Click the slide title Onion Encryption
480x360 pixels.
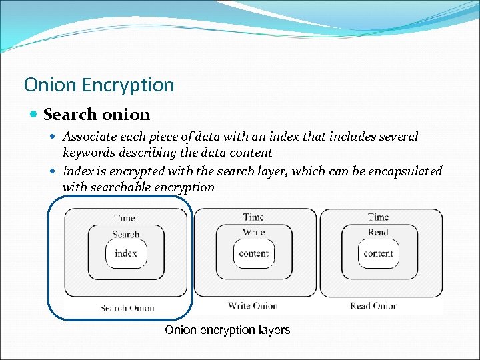(x=99, y=85)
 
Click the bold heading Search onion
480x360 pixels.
(x=97, y=115)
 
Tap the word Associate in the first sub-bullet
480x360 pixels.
(x=89, y=137)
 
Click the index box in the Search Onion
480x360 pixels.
(x=126, y=253)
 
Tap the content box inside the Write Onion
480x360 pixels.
(x=253, y=253)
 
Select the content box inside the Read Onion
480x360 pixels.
(x=378, y=253)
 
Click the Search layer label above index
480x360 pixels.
(x=126, y=234)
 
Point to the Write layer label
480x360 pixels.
(x=253, y=232)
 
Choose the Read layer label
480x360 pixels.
(x=378, y=232)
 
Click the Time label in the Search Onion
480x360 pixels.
(x=125, y=218)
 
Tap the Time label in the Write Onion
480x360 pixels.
(x=253, y=217)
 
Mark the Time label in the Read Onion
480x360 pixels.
(x=378, y=217)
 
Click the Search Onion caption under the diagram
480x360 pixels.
(x=127, y=308)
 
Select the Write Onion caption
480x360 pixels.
(x=253, y=306)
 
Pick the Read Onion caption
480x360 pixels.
(x=374, y=306)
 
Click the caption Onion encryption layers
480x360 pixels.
(x=227, y=330)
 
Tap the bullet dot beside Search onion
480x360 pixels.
(x=34, y=115)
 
